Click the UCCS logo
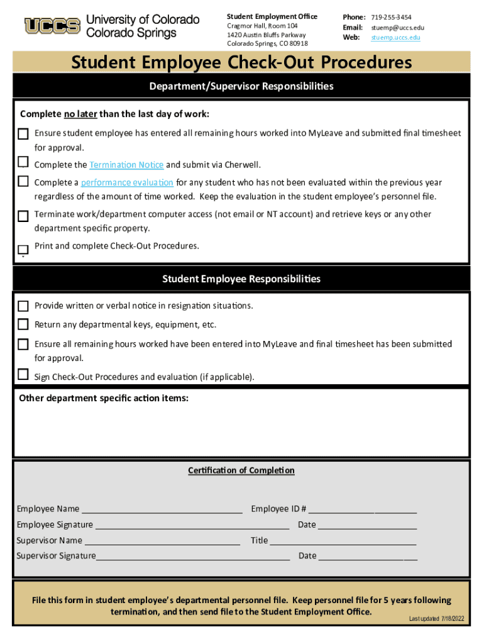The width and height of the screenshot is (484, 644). (52, 26)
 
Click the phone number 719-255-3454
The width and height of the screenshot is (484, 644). (391, 17)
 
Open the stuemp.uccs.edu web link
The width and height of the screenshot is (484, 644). (395, 38)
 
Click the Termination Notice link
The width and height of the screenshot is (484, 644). (126, 165)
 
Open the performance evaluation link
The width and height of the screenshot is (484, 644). (127, 182)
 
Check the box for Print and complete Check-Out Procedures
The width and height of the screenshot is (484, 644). (23, 250)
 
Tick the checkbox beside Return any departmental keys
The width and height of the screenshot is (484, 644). (23, 325)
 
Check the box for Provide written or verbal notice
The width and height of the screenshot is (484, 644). (23, 306)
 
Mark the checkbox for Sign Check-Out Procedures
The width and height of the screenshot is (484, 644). (23, 375)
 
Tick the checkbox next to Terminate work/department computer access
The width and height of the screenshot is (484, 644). (23, 216)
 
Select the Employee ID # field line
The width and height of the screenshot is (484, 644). (362, 509)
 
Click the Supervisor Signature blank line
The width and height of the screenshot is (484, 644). (193, 557)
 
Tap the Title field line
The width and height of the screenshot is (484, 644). (343, 541)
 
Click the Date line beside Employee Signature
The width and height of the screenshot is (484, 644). (368, 525)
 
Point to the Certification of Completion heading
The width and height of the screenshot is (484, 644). (241, 470)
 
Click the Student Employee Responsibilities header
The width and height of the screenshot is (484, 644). (241, 279)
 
